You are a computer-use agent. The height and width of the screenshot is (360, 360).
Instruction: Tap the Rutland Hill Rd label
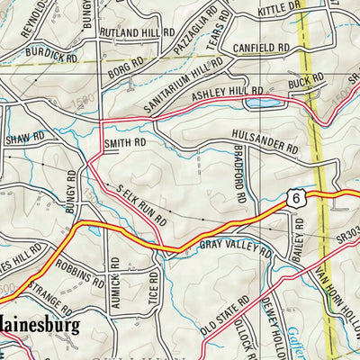[x=137, y=33]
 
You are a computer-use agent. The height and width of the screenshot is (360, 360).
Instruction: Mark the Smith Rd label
[x=124, y=142]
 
